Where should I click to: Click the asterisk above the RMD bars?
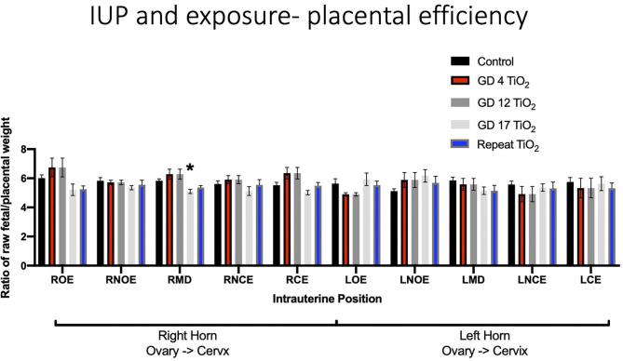tap(190, 168)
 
